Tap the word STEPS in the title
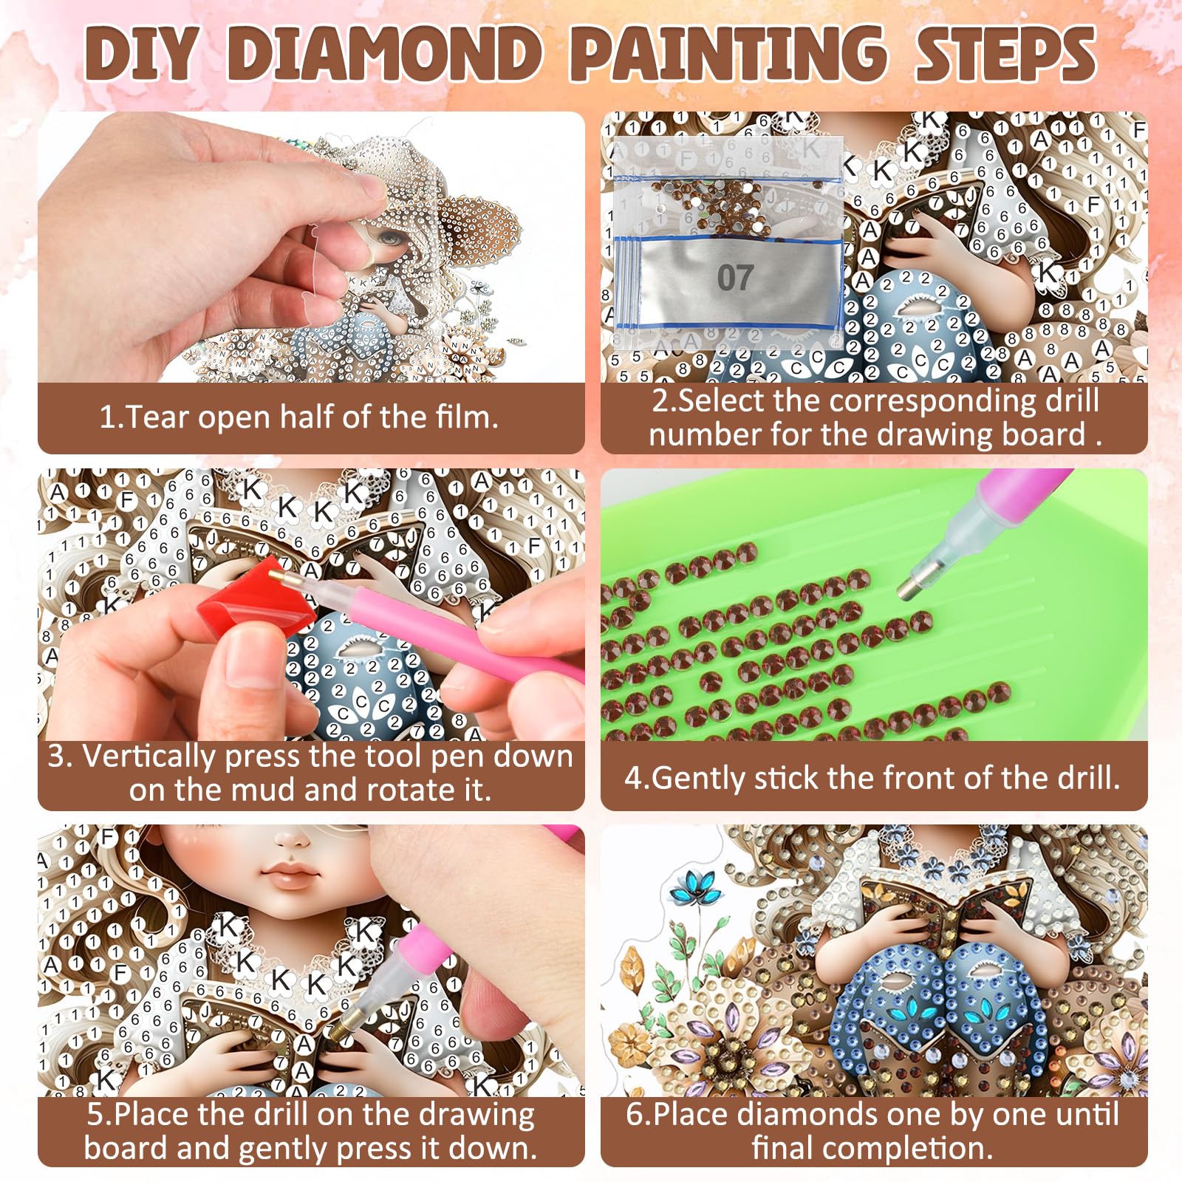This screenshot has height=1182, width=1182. (x=1005, y=53)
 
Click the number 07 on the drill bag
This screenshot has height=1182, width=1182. (x=735, y=278)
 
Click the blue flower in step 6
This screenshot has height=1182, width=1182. (x=694, y=887)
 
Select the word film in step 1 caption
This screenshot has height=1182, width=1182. (x=467, y=417)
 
